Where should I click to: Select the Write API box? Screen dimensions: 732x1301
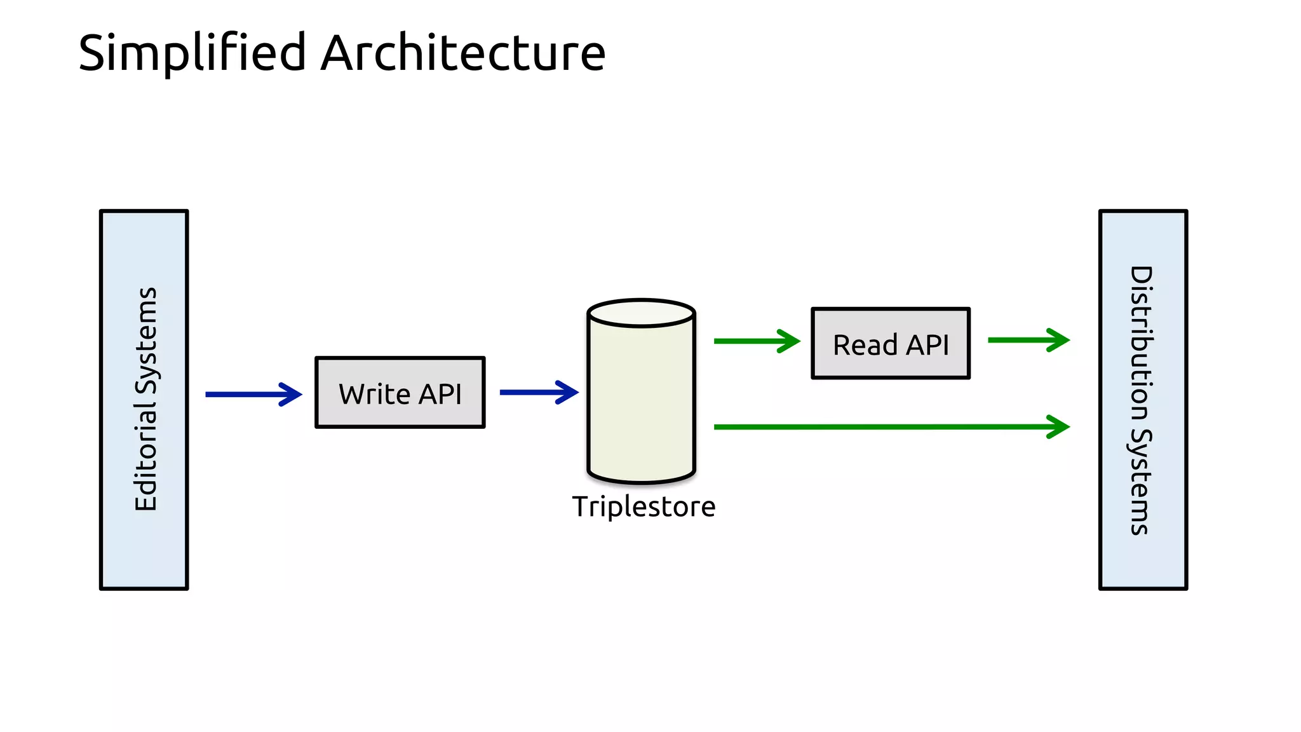(x=400, y=393)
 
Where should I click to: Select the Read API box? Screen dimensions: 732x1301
(x=891, y=344)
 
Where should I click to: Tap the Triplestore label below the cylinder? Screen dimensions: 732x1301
(x=644, y=507)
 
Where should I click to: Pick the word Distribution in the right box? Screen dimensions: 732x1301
(x=1142, y=343)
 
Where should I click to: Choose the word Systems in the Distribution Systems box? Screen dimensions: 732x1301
(x=1142, y=483)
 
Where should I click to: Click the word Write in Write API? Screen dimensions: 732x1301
(x=375, y=394)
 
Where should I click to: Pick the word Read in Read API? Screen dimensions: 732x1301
(x=865, y=345)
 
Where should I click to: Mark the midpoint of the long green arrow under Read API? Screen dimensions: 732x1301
(x=891, y=427)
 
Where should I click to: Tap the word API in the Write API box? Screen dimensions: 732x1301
(x=440, y=394)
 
